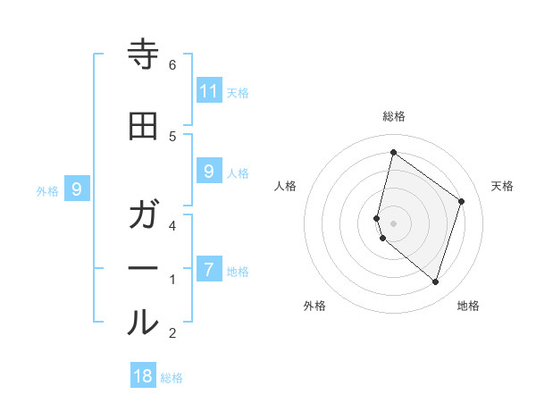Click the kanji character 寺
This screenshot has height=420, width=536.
point(143,55)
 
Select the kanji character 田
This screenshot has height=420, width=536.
point(143,127)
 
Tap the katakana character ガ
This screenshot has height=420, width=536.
point(143,215)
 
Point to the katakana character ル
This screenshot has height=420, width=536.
point(143,323)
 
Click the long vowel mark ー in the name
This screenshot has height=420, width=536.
point(143,269)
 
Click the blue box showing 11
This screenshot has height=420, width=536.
point(209,90)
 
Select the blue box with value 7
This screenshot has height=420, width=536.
point(209,269)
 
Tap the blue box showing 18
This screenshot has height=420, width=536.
point(143,375)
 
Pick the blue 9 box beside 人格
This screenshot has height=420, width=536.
point(209,171)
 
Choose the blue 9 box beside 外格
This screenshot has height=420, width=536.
point(78,189)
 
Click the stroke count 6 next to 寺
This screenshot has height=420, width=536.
point(172,64)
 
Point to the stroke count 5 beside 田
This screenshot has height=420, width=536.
point(172,136)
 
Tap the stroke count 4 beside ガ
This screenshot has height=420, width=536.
point(172,225)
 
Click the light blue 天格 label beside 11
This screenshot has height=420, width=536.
point(238,92)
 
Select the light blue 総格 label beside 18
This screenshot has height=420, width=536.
point(172,378)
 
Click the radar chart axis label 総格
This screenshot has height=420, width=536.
point(394,116)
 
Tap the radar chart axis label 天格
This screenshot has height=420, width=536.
point(502,186)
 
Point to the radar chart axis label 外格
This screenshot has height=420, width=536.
point(314,306)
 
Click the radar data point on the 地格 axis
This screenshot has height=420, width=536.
point(435,281)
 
